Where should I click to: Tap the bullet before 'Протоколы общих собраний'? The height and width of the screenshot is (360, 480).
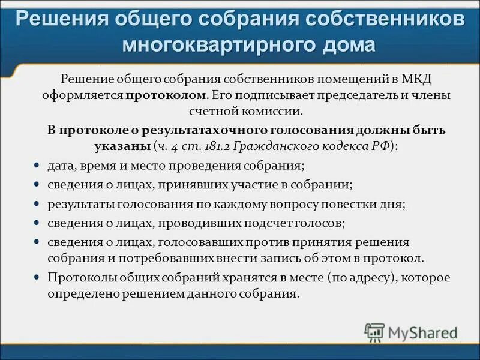[36, 278]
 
